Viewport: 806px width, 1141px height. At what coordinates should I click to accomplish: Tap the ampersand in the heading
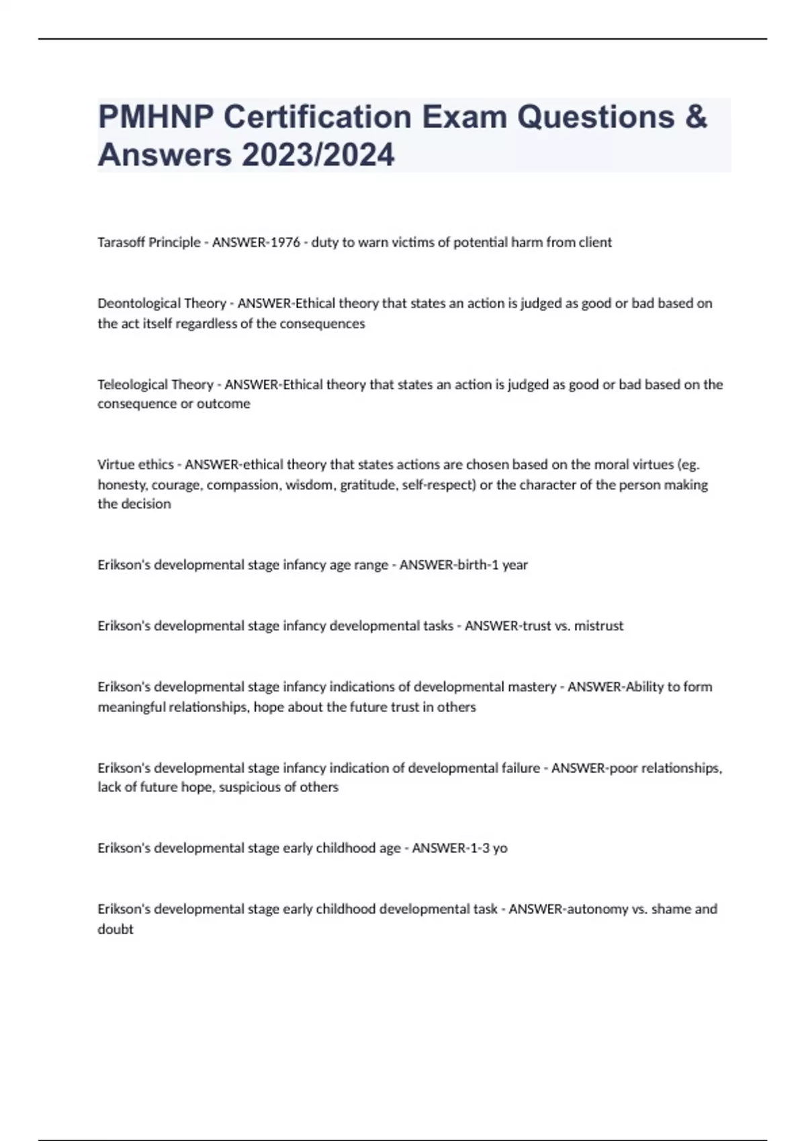coord(697,117)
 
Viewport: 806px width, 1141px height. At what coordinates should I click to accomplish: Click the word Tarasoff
coord(121,242)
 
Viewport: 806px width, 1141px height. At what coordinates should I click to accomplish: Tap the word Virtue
coord(115,464)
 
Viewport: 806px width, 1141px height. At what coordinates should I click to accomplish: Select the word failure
coord(521,768)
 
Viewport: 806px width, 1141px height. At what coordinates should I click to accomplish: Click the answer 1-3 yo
coord(482,848)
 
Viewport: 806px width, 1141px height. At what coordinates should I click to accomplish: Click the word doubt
coord(116,930)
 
